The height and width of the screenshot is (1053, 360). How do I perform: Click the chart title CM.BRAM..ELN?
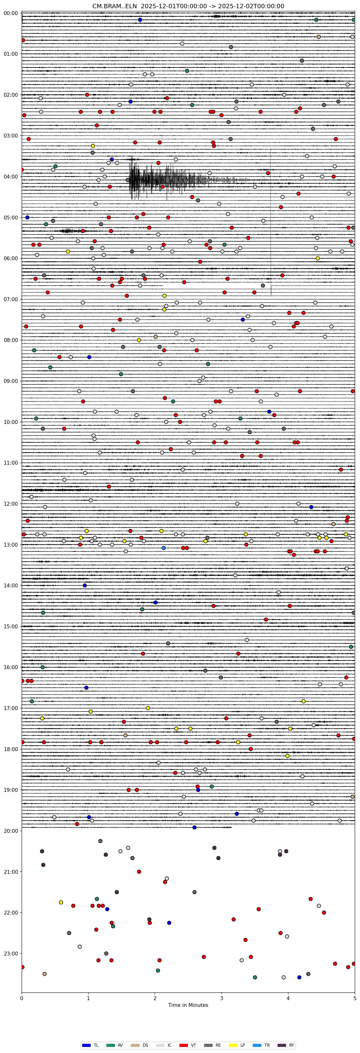188,6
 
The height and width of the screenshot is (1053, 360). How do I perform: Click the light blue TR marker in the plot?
163,548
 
